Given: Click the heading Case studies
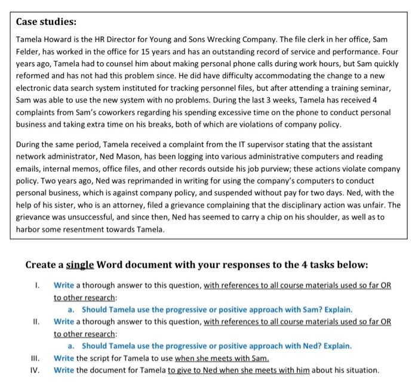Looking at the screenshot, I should pos(46,22).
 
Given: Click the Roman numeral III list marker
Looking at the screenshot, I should pos(36,358).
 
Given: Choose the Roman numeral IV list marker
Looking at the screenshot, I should pos(36,370).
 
